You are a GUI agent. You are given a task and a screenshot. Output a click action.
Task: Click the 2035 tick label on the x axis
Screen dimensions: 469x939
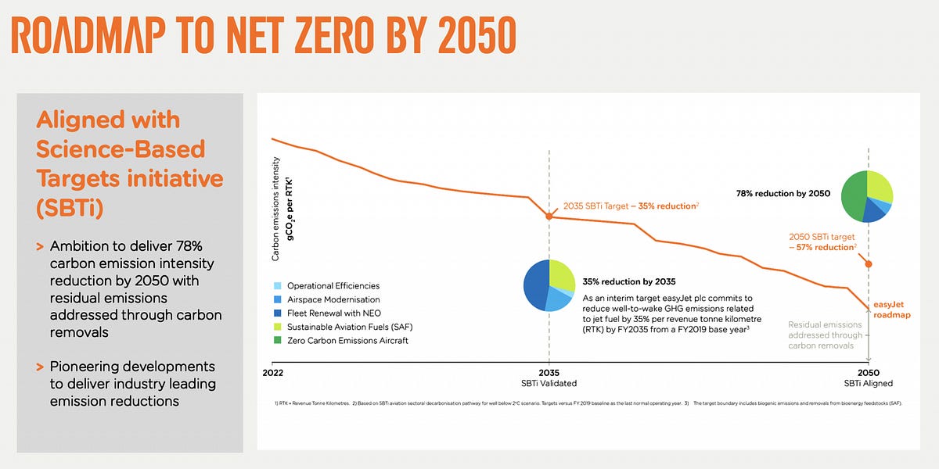[x=549, y=372]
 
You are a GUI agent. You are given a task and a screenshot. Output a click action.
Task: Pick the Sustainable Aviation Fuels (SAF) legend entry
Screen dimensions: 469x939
[x=351, y=327]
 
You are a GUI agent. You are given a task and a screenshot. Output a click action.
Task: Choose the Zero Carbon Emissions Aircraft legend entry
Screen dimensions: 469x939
[x=347, y=341]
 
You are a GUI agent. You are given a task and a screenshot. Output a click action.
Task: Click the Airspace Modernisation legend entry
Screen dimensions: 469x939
[x=333, y=299]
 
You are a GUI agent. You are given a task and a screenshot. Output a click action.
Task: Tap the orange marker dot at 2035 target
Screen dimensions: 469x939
[x=549, y=216]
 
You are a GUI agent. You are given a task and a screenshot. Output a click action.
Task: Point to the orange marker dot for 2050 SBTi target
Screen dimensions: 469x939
[x=868, y=264]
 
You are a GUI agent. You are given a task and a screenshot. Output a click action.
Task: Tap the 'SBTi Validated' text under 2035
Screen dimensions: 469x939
[x=549, y=383]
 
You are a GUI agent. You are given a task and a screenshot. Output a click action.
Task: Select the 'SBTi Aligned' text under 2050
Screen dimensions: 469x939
[x=868, y=383]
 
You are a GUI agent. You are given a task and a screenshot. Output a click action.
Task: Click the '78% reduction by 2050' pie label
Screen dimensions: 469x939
[x=783, y=192]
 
